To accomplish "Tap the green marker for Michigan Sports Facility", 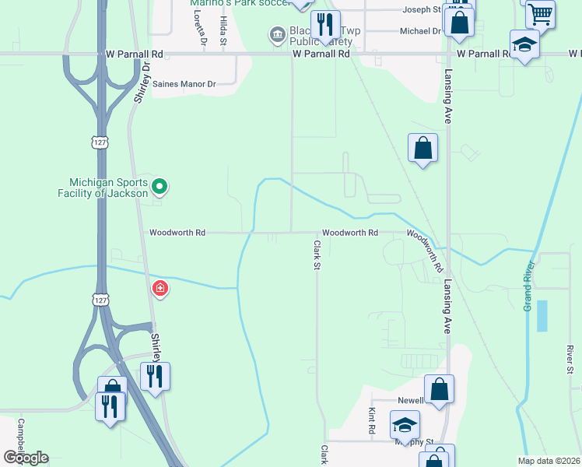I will (x=160, y=186).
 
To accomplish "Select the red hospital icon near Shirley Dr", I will (x=160, y=289).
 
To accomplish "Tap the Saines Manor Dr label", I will (x=183, y=83).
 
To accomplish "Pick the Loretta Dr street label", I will (x=201, y=30).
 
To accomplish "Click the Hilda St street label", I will (x=223, y=30).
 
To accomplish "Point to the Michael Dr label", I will (x=420, y=31).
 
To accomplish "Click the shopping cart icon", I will (x=539, y=13).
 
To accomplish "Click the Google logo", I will (x=26, y=458).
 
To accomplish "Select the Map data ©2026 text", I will (x=549, y=461).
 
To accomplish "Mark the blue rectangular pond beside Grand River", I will (x=542, y=315).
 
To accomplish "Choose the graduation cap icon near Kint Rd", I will (x=405, y=425).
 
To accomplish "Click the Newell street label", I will (x=410, y=400).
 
